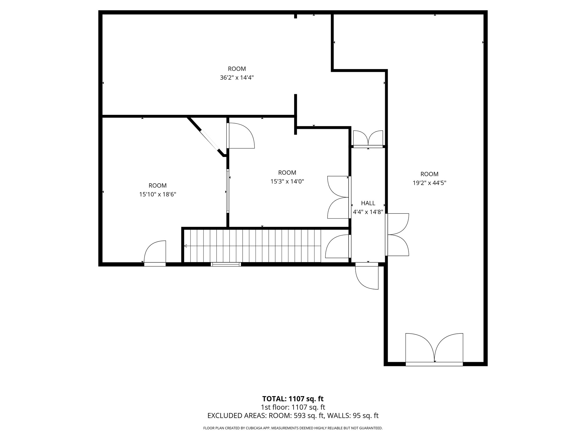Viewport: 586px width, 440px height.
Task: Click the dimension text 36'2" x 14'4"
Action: click(237, 78)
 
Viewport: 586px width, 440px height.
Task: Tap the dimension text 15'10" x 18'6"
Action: click(157, 194)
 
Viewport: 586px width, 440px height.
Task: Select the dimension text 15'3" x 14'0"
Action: click(287, 181)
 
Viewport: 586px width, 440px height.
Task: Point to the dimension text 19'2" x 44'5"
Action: click(429, 183)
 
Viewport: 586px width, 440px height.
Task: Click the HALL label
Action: click(368, 203)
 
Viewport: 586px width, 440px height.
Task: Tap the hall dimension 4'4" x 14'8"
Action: click(368, 212)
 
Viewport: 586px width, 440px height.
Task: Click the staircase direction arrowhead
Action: click(185, 246)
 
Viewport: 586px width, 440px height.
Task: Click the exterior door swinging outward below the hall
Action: click(367, 276)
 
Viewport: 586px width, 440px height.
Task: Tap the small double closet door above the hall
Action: click(368, 139)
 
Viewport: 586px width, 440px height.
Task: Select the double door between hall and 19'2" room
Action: click(397, 234)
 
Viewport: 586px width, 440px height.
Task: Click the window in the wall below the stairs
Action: click(226, 264)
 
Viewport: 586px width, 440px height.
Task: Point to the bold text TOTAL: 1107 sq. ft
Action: click(293, 399)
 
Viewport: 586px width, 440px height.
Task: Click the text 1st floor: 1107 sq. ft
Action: click(293, 407)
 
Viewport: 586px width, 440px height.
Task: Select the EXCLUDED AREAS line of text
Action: click(293, 416)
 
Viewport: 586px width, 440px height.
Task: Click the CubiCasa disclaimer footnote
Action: click(293, 428)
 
